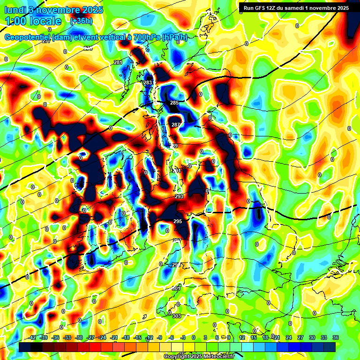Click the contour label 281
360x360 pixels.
(x=118, y=62)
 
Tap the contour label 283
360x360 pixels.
(x=148, y=82)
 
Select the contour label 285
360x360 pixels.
(x=174, y=103)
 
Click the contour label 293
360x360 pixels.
(x=179, y=196)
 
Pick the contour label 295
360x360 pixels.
(x=178, y=221)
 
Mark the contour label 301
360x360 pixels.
(x=176, y=288)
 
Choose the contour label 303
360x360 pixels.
(x=177, y=316)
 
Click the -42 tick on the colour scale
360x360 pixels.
(x=32, y=337)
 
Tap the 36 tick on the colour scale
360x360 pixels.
(x=335, y=337)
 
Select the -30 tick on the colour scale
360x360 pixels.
(x=79, y=337)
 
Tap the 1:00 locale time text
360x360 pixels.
(x=33, y=21)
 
